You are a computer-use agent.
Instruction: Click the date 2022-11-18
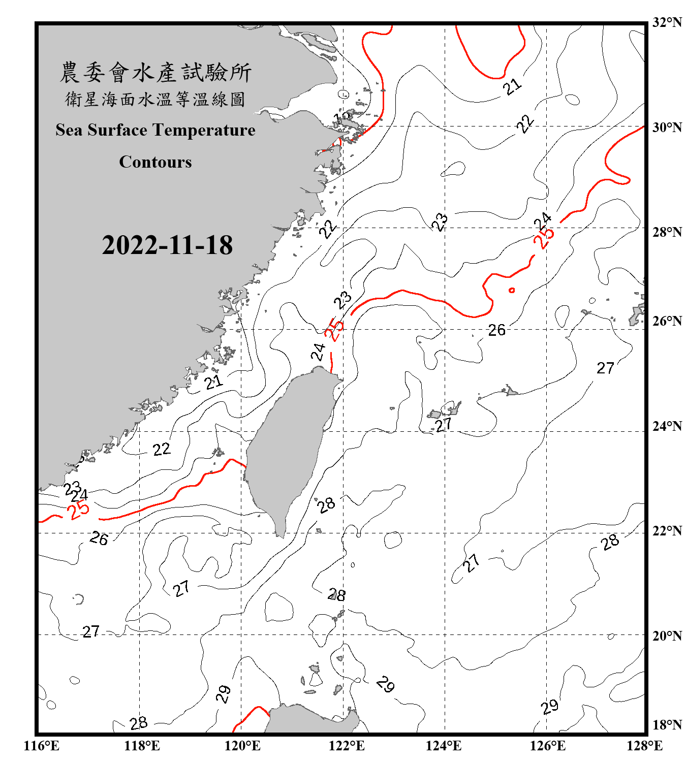click(x=167, y=245)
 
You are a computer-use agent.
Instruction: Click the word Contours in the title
click(x=155, y=162)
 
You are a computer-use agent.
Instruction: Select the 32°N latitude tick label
click(x=667, y=22)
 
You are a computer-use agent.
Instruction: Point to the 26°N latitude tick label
click(x=667, y=321)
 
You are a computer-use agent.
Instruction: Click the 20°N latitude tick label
click(x=667, y=636)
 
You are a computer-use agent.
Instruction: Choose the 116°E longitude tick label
click(x=41, y=746)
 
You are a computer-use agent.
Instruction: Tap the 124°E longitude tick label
click(x=444, y=746)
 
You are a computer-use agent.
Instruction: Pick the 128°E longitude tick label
click(x=644, y=746)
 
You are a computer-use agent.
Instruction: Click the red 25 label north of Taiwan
click(x=334, y=330)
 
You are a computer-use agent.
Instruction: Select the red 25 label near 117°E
click(x=79, y=510)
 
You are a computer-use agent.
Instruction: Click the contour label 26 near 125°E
click(x=497, y=330)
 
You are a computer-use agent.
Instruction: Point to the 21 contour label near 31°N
click(x=512, y=86)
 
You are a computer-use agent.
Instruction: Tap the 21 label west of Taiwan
click(x=214, y=382)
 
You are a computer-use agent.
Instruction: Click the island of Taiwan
click(x=287, y=447)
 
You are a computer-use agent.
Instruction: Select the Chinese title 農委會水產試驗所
click(x=155, y=73)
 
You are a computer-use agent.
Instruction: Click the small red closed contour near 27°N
click(x=512, y=290)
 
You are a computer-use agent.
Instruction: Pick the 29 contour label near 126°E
click(x=550, y=706)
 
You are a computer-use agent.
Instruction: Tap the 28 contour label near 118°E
click(x=138, y=722)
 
